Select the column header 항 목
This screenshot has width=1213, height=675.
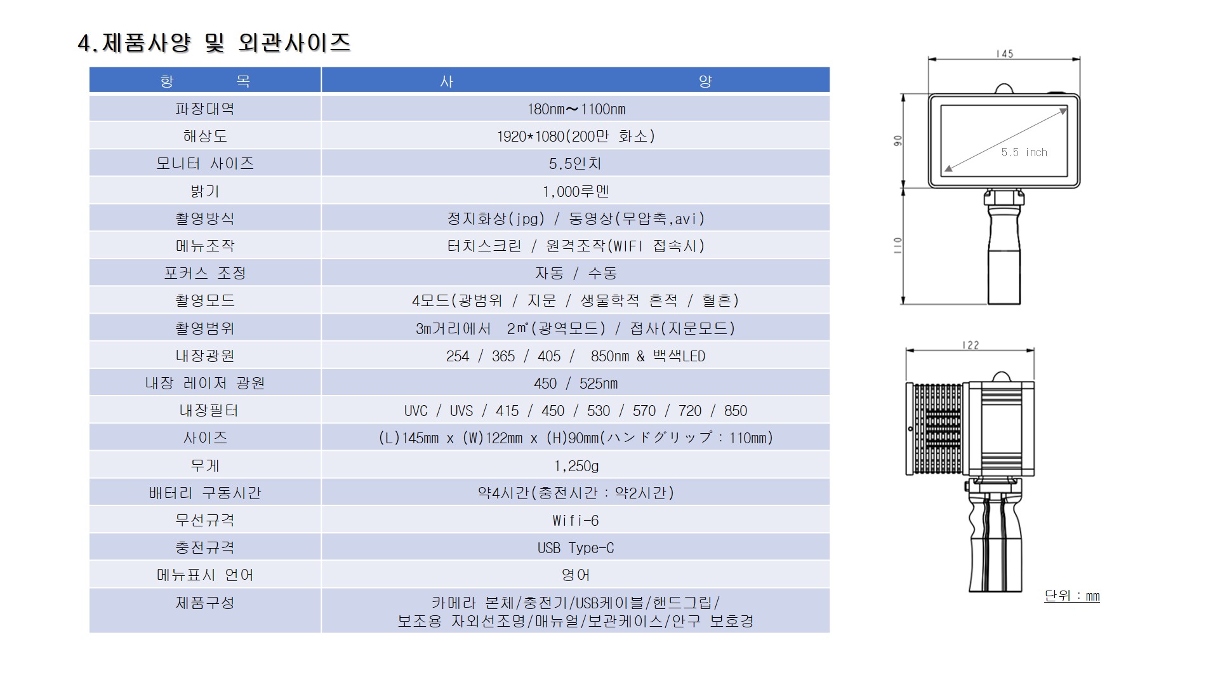[205, 81]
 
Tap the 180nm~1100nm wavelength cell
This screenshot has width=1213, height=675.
[576, 109]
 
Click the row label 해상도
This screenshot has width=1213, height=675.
[205, 136]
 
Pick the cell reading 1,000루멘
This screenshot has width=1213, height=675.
[576, 190]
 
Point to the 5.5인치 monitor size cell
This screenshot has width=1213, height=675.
[576, 163]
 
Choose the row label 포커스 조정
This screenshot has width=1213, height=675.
[205, 273]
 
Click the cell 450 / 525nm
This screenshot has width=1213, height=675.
[576, 383]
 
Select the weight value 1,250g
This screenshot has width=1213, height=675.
[576, 465]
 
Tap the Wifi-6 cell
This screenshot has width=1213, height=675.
[576, 520]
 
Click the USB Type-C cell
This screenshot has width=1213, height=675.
[576, 547]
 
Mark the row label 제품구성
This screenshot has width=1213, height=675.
[205, 602]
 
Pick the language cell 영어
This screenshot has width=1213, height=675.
[576, 575]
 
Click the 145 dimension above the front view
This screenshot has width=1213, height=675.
[1004, 54]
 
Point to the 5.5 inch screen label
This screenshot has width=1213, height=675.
[1024, 152]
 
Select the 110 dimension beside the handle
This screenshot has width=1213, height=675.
[898, 245]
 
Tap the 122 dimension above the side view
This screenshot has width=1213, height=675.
[970, 345]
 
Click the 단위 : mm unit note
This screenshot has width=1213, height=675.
[1071, 596]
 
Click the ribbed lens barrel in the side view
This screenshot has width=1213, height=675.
[934, 429]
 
